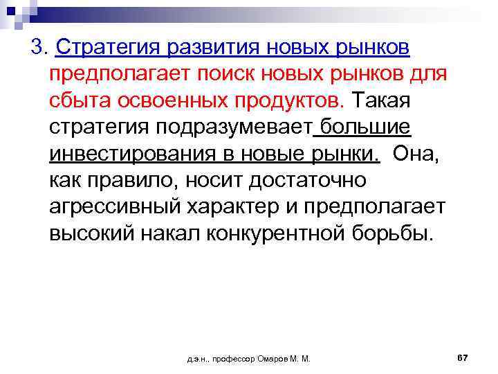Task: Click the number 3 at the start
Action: point(37,48)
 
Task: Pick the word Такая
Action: point(381,101)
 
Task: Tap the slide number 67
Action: point(463,357)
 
